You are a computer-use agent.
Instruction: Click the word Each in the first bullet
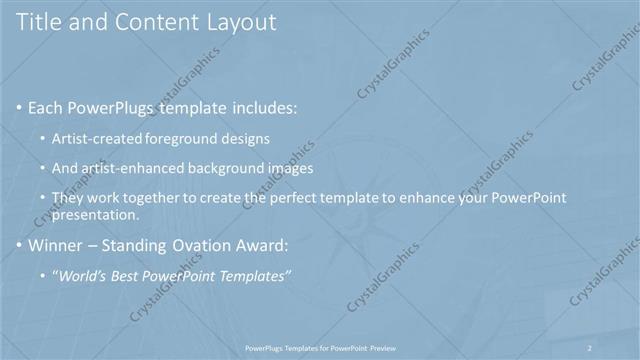[x=47, y=105]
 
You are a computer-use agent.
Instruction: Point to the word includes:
[x=261, y=105]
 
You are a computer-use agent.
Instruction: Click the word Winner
[x=56, y=243]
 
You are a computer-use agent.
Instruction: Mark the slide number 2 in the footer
[x=590, y=346]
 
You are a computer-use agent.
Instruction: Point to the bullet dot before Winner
[x=20, y=243]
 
